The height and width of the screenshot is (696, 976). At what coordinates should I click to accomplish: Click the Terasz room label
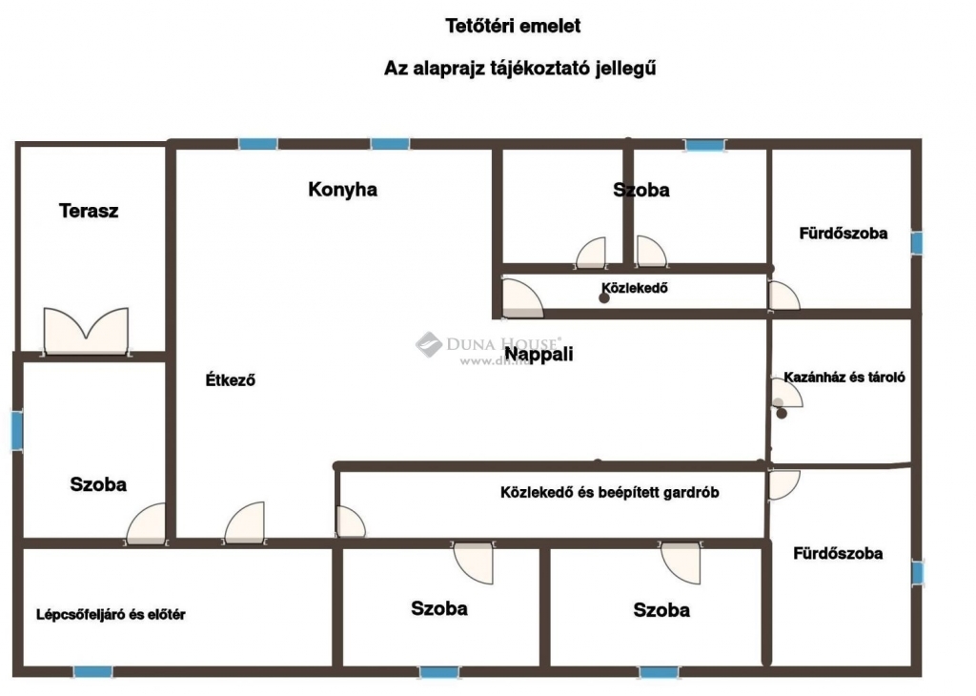[x=89, y=211]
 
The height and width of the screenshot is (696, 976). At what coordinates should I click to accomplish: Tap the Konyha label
[x=342, y=189]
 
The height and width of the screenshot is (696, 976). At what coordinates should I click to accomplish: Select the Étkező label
[x=231, y=379]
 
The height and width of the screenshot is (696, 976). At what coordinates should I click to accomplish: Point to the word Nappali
[x=539, y=355]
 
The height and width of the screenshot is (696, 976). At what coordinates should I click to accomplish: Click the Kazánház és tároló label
[x=844, y=377]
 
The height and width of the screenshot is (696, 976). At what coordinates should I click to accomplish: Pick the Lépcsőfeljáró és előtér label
[x=111, y=614]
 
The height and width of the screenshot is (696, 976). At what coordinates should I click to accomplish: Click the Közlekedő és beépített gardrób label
[x=609, y=492]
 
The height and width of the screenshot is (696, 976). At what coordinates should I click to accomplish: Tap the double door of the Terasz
[x=86, y=331]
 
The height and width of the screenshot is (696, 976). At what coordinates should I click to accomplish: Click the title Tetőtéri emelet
[x=513, y=26]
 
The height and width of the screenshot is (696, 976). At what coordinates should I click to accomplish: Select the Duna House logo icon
[x=429, y=344]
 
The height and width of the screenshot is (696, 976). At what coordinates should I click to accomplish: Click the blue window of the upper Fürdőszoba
[x=917, y=243]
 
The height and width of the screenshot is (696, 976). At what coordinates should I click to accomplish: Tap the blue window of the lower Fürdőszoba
[x=918, y=573]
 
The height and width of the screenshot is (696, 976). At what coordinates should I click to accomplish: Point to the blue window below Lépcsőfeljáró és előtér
[x=93, y=672]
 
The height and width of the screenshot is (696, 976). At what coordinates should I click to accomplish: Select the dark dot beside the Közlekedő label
[x=603, y=298]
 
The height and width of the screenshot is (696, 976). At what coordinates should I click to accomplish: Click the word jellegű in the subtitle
[x=625, y=69]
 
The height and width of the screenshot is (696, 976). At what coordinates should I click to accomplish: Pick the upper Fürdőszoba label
[x=844, y=234]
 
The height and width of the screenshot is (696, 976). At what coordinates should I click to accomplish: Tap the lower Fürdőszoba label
[x=838, y=553]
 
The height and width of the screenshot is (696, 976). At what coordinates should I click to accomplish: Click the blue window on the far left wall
[x=17, y=430]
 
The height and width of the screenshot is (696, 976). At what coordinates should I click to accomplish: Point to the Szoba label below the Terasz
[x=98, y=484]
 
